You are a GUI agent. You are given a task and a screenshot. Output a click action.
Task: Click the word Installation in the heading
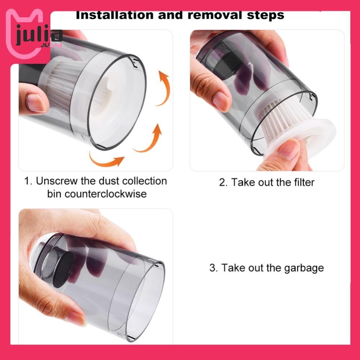114,15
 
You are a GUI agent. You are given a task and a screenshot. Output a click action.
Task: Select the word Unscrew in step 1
57,181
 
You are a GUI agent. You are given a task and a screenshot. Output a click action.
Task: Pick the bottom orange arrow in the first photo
105,159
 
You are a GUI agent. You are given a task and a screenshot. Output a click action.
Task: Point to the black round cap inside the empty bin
63,269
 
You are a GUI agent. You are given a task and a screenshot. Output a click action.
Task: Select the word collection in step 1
144,181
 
